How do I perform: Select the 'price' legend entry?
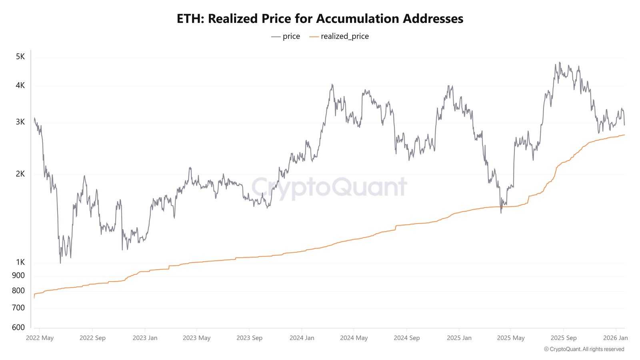tap(291, 36)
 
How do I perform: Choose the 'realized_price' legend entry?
tap(344, 36)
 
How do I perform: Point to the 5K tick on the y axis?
tap(20, 57)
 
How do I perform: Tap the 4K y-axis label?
tap(20, 86)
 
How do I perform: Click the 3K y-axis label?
tap(20, 122)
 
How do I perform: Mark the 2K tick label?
tap(20, 174)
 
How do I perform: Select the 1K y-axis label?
tap(20, 262)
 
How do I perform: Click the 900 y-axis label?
tap(18, 276)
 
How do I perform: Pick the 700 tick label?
tap(18, 308)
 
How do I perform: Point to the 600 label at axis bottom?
tap(18, 328)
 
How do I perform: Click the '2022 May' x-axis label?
tap(40, 338)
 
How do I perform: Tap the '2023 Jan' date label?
tap(145, 338)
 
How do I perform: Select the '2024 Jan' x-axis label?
tap(302, 338)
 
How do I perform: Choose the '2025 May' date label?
tap(511, 338)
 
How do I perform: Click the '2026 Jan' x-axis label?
tap(615, 338)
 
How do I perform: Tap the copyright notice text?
tap(584, 349)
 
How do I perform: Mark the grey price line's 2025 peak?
tap(560, 62)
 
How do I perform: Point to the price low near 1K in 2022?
tap(60, 262)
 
